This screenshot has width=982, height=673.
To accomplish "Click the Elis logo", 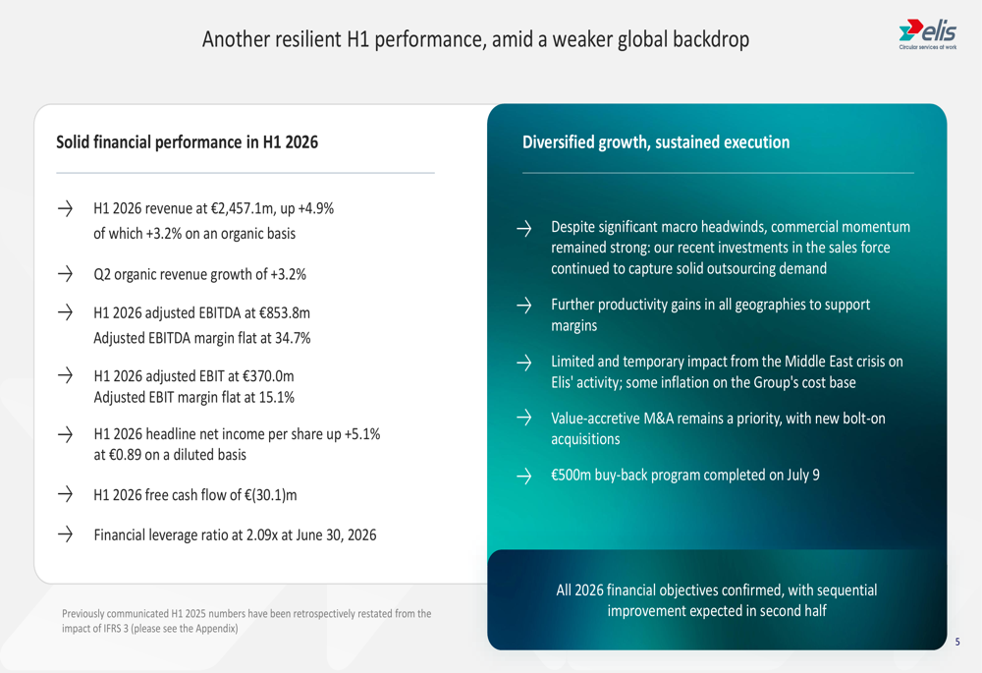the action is click(928, 33).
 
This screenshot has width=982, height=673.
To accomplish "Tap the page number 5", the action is click(956, 642).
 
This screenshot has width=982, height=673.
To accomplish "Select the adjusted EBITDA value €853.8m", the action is click(285, 312).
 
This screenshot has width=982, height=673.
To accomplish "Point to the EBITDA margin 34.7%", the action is click(293, 338).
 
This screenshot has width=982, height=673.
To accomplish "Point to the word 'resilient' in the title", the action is click(297, 39).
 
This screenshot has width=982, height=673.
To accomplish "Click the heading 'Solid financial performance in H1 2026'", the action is click(188, 142).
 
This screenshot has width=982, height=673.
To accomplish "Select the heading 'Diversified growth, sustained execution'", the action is click(656, 142).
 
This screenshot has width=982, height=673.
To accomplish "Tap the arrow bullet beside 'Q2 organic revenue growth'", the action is click(65, 273).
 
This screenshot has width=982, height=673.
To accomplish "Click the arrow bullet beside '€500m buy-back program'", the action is click(524, 476).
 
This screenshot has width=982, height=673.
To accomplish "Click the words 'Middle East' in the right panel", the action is click(820, 362).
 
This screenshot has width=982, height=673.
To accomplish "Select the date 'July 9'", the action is click(803, 475).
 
